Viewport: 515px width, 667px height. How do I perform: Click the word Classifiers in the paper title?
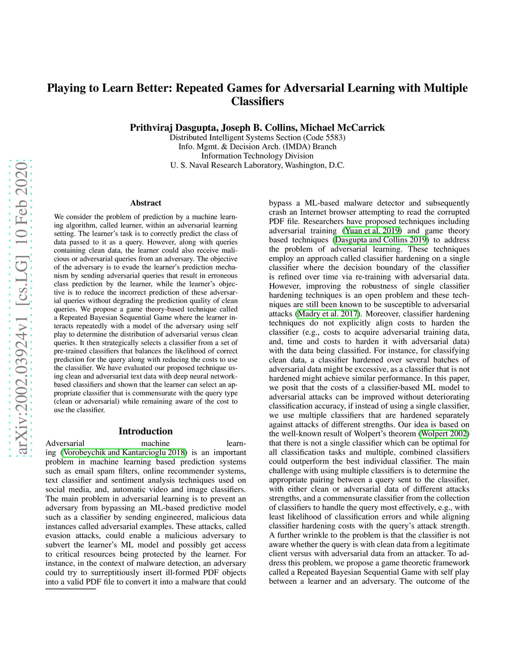(x=257, y=101)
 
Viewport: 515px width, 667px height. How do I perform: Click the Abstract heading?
(x=146, y=203)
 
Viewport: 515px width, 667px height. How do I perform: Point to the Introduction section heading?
(x=145, y=431)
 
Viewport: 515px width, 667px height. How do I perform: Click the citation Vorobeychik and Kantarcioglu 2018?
(x=124, y=452)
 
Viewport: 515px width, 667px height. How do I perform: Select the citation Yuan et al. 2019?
(x=372, y=231)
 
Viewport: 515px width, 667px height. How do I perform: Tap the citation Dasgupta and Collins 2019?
(x=381, y=240)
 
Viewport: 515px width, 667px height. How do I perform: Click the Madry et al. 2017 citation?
(x=327, y=314)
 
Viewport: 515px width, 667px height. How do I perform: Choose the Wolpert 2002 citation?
(x=444, y=433)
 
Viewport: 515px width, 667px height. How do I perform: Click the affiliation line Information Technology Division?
(x=257, y=156)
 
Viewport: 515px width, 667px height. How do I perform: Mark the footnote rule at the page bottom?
(x=70, y=588)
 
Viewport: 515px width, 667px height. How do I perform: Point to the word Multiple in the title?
(x=446, y=88)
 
